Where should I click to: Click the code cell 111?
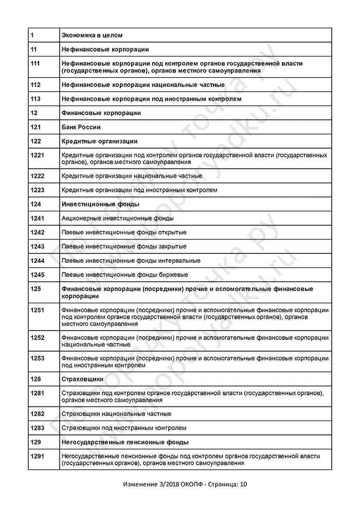[x=35, y=63]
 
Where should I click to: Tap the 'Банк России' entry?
[x=81, y=127]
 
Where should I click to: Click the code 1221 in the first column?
[x=38, y=155]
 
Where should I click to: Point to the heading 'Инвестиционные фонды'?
[x=100, y=204]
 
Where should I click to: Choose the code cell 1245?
[x=38, y=275]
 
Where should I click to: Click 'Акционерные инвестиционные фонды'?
[x=117, y=219]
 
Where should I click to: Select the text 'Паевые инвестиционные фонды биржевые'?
[x=124, y=275]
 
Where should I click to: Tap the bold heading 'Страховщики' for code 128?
[x=82, y=379]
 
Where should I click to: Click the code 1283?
[x=38, y=428]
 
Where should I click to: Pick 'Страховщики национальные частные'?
[x=116, y=413]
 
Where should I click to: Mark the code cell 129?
[x=35, y=442]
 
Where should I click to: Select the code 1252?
[x=38, y=338]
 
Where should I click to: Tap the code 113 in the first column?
[x=35, y=99]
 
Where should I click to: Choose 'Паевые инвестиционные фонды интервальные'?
[x=131, y=261]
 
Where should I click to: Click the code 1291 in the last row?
[x=38, y=456]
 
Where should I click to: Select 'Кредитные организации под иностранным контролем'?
[x=139, y=190]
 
